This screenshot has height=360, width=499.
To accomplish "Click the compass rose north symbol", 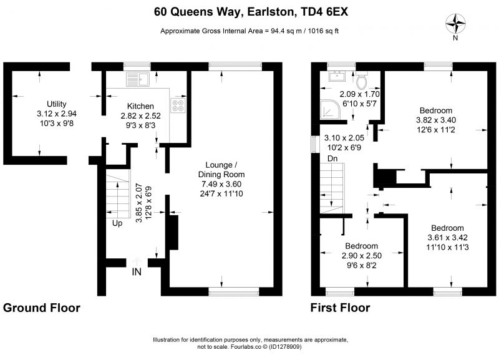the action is pyautogui.click(x=455, y=24).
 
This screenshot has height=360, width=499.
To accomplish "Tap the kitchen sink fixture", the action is pyautogui.click(x=138, y=79).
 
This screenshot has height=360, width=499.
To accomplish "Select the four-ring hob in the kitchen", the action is pyautogui.click(x=178, y=105).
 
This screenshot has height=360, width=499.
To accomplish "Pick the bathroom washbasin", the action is pyautogui.click(x=337, y=76).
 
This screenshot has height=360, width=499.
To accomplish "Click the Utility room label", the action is pyautogui.click(x=57, y=104).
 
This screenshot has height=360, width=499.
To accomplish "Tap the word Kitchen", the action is pyautogui.click(x=140, y=106).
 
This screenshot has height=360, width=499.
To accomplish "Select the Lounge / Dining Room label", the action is pyautogui.click(x=221, y=170).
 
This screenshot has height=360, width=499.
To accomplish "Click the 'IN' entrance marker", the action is pyautogui.click(x=137, y=272).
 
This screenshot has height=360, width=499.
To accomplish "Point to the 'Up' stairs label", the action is pyautogui.click(x=117, y=223).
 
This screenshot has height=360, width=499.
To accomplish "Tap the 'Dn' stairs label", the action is pyautogui.click(x=332, y=158).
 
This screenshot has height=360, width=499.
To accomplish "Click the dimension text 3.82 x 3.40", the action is pyautogui.click(x=436, y=120).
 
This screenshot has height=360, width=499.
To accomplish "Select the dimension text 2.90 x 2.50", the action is pyautogui.click(x=362, y=256).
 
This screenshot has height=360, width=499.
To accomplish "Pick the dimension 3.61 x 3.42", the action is pyautogui.click(x=447, y=238).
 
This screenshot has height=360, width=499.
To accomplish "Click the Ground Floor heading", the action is pyautogui.click(x=42, y=308).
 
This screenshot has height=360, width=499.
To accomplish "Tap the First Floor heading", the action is pyautogui.click(x=340, y=308).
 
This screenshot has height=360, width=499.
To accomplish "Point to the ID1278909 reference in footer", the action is pyautogui.click(x=285, y=347).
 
